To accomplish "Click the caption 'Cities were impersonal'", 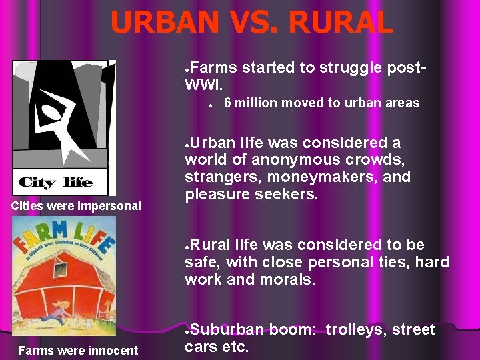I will point(76,206).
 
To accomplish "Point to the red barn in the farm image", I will point(63,287).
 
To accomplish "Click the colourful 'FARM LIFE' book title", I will point(63,234).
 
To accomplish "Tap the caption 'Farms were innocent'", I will point(78,350).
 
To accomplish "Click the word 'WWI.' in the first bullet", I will point(203,85).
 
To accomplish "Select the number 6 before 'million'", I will point(227,103).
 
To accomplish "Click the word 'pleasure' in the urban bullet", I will point(215,195).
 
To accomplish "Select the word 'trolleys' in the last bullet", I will point(358,329).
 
